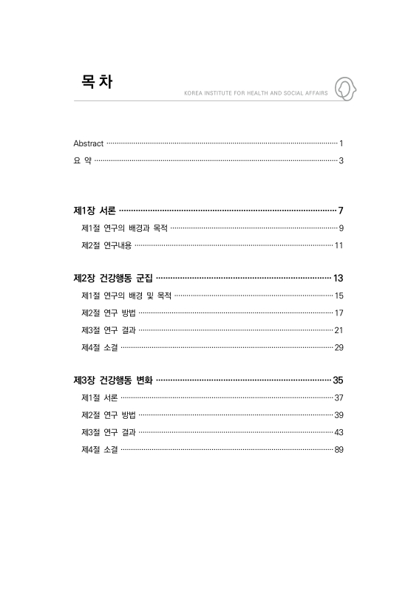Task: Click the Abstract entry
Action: click(88, 142)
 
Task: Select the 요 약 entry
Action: click(82, 160)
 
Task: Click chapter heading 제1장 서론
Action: click(94, 211)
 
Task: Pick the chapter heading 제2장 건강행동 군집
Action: click(113, 279)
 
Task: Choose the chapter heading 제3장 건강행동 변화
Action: click(113, 380)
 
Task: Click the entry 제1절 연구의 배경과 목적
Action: click(124, 228)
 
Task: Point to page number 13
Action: click(339, 279)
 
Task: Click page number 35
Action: click(339, 380)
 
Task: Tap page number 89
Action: click(339, 449)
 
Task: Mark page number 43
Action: click(339, 432)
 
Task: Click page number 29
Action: click(339, 347)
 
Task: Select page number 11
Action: click(339, 245)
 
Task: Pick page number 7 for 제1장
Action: click(341, 211)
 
